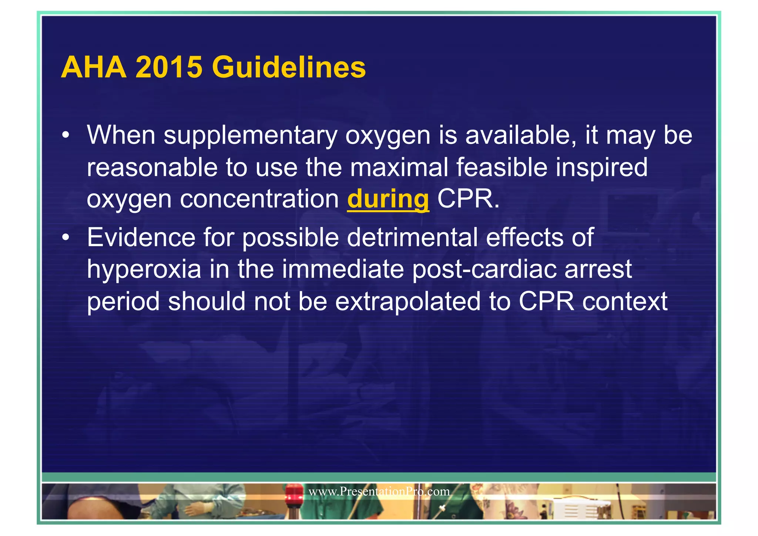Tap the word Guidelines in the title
[x=289, y=67]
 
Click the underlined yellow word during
[x=388, y=199]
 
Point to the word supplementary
[x=250, y=135]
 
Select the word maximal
[x=399, y=167]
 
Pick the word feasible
[x=502, y=167]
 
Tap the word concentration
[x=259, y=199]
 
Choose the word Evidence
[x=141, y=237]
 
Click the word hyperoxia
[x=144, y=269]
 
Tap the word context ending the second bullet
[x=625, y=301]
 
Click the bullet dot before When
[x=66, y=135]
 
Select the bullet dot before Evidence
[x=66, y=237]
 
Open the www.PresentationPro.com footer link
[x=379, y=492]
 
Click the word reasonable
[x=152, y=167]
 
